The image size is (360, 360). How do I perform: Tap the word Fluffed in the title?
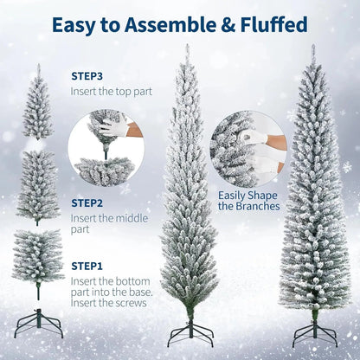click(267, 24)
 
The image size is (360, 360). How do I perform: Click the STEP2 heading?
click(88, 202)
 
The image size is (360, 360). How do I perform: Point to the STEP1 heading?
click(88, 266)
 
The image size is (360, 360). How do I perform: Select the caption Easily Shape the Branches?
click(248, 201)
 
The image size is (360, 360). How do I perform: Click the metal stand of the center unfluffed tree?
click(188, 331)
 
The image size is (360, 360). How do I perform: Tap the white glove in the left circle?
click(112, 131)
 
